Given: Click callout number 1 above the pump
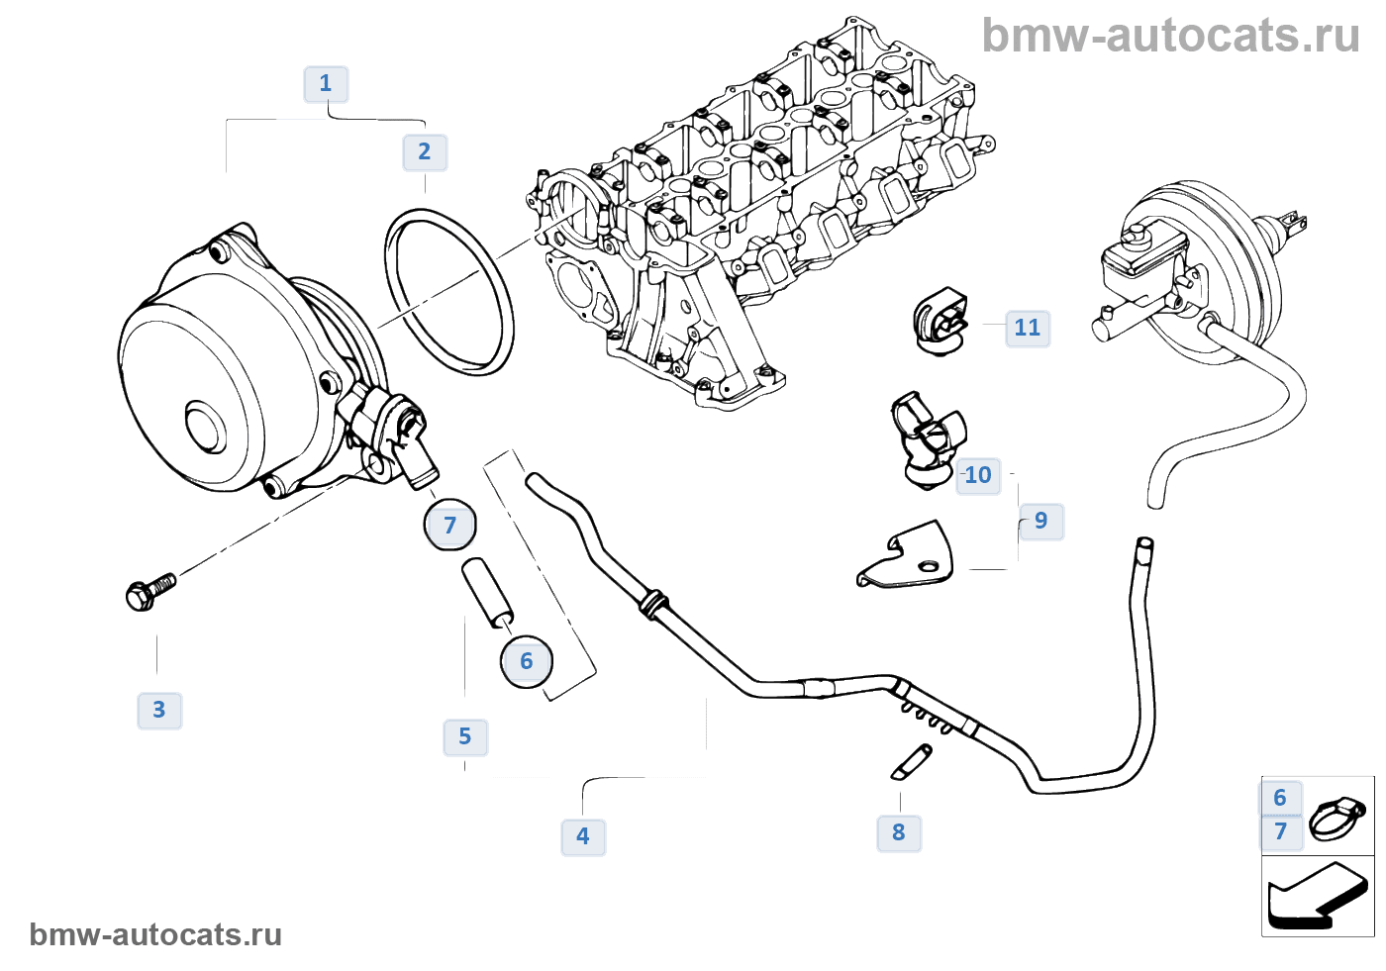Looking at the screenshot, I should point(326,84).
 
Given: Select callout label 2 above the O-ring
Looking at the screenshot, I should point(425,152).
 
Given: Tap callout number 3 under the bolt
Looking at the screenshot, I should point(159,711).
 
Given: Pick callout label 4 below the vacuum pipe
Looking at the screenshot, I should point(583,837).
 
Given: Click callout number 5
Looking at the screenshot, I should point(465,737).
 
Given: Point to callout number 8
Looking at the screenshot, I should point(899,833).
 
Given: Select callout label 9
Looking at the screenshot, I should point(1040,522).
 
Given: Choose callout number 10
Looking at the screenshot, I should point(978,476).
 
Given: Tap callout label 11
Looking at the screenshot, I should point(1028,329).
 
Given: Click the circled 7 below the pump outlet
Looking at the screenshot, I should point(450,526).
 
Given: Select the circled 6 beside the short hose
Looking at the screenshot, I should point(527,661).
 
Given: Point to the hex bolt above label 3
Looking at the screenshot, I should point(149,591).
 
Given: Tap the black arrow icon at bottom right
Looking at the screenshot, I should point(1317,897).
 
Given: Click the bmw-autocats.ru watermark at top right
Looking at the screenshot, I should point(1170,37).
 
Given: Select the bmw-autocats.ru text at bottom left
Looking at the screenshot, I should point(155,935).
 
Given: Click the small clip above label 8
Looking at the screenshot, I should point(911,761).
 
